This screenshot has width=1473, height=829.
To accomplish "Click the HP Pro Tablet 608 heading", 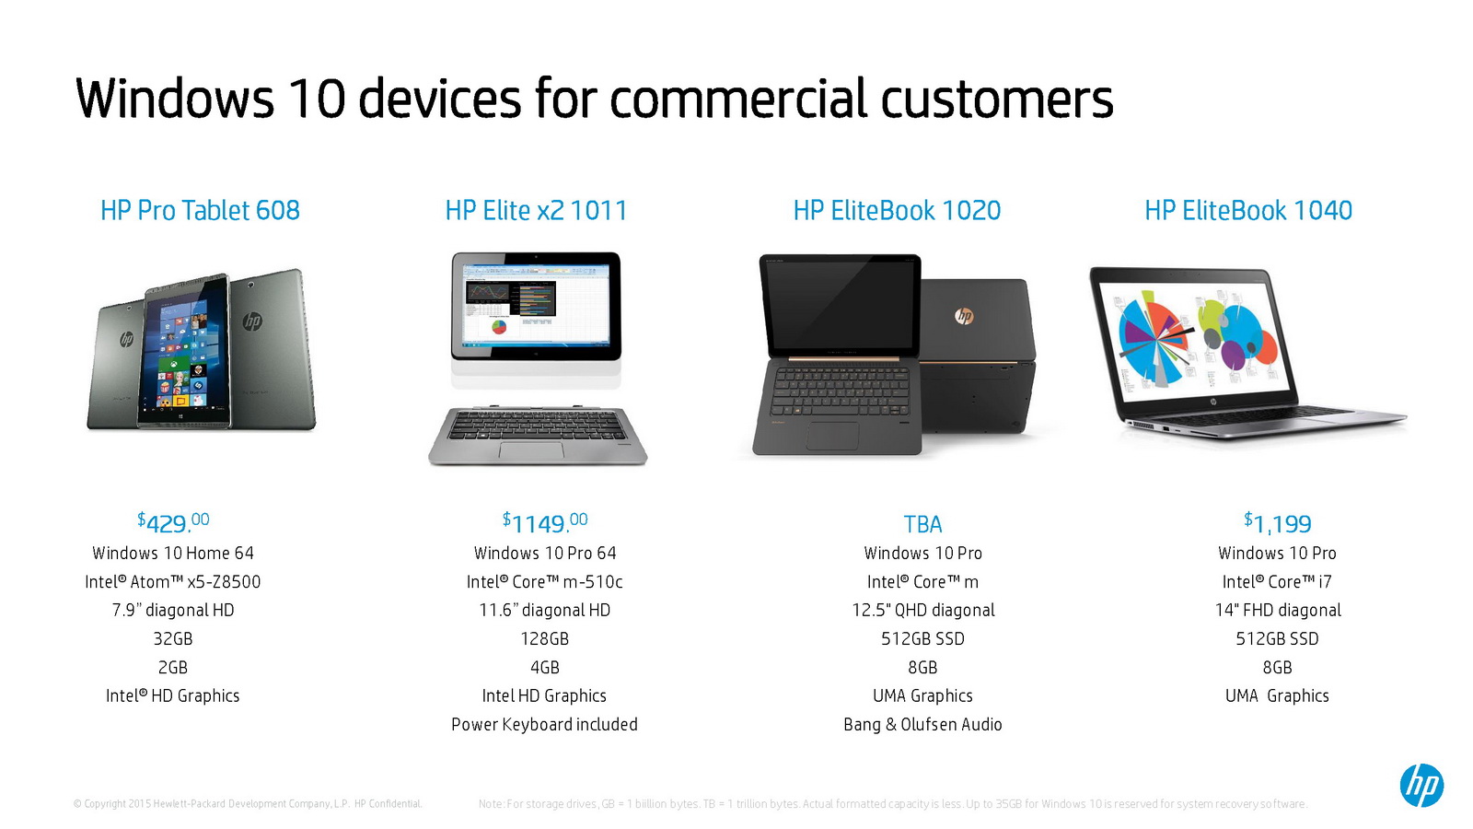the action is click(200, 211).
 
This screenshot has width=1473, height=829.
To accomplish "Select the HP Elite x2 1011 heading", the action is click(536, 211).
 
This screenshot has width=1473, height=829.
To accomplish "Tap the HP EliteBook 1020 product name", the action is click(897, 211).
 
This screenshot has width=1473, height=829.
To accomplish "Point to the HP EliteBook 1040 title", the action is click(1248, 211).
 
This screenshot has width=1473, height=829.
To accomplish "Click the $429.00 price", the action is click(173, 523).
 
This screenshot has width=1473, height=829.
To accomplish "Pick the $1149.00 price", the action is click(544, 523).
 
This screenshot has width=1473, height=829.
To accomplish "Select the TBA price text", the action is click(922, 524).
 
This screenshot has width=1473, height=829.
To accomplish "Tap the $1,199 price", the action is click(1277, 523).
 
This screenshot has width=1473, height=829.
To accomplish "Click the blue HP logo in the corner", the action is click(1421, 785).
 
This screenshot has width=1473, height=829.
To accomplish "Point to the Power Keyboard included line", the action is click(544, 724).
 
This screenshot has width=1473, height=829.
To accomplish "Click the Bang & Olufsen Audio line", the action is click(922, 724).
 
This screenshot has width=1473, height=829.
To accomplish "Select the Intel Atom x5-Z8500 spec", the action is click(173, 581).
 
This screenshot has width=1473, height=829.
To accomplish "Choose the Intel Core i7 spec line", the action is click(1277, 581).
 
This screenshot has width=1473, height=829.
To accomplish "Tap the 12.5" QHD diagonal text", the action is click(923, 610).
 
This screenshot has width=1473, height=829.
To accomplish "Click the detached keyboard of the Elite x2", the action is click(538, 436).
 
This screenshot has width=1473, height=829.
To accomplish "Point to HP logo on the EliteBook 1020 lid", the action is click(964, 317).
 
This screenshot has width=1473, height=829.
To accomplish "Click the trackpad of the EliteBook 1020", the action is click(833, 436).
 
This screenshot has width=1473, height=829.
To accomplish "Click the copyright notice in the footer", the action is click(248, 804).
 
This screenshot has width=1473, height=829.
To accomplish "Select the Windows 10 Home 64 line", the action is click(173, 553).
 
